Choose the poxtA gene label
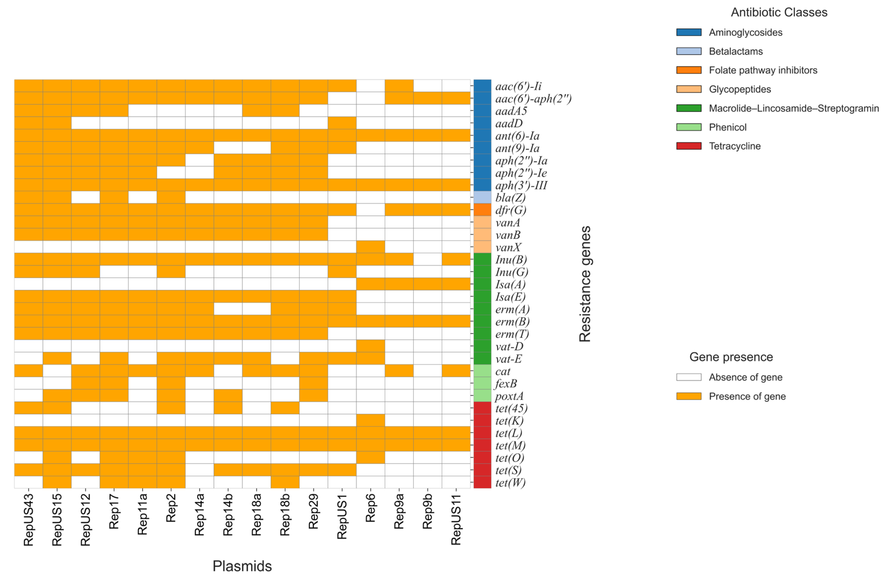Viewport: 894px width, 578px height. pyautogui.click(x=509, y=396)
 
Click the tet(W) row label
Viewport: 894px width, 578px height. pyautogui.click(x=510, y=483)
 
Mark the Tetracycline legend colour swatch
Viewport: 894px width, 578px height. pyautogui.click(x=688, y=146)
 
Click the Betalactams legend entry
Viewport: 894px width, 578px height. pyautogui.click(x=735, y=51)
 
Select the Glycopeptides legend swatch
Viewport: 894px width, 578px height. pyautogui.click(x=688, y=89)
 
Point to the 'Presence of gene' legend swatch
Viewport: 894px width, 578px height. pyautogui.click(x=688, y=396)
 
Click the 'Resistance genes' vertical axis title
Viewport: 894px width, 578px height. pyautogui.click(x=585, y=284)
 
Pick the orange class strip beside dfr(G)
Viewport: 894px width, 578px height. pyautogui.click(x=482, y=210)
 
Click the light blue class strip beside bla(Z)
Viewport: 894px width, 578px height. pyautogui.click(x=482, y=197)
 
